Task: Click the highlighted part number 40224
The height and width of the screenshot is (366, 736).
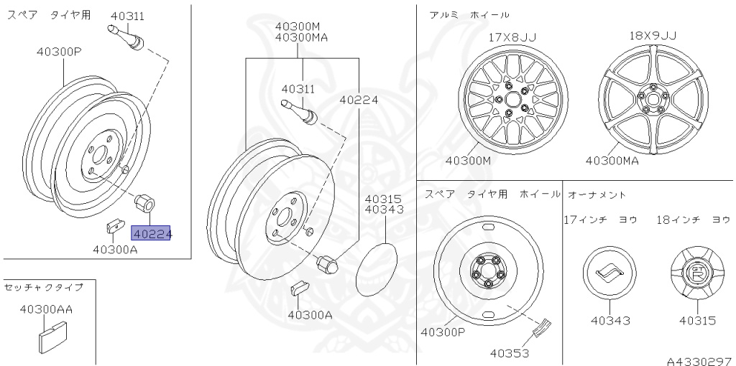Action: pyautogui.click(x=151, y=233)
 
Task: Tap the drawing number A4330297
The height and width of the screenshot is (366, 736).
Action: pyautogui.click(x=701, y=361)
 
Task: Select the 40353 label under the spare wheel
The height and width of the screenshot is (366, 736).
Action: pyautogui.click(x=510, y=352)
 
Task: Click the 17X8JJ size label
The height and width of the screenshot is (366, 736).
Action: pyautogui.click(x=512, y=37)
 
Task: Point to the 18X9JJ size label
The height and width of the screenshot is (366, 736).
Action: pyautogui.click(x=653, y=36)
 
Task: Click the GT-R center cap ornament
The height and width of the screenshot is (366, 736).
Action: pyautogui.click(x=697, y=273)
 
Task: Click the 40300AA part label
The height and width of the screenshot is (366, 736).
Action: pyautogui.click(x=46, y=309)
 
